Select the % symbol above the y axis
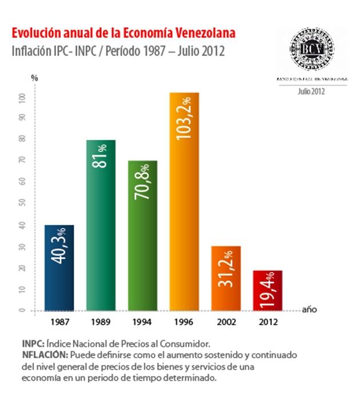(x=34, y=77)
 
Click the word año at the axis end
(x=309, y=310)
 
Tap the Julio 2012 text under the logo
(x=311, y=91)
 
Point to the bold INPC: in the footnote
(x=34, y=344)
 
